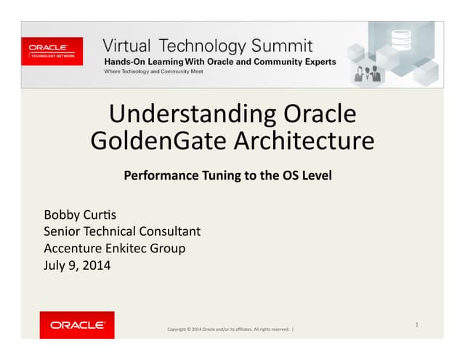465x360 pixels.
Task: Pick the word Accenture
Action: [x=70, y=249]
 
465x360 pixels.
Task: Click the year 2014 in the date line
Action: [x=96, y=265]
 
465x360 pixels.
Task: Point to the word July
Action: [x=55, y=265]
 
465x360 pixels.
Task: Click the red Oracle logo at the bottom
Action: [x=77, y=325]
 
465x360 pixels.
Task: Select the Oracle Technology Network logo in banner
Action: [x=52, y=51]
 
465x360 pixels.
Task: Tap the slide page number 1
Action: [x=416, y=324]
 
